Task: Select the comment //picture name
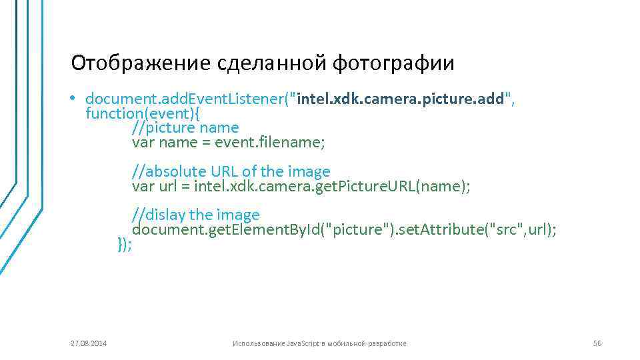click(185, 127)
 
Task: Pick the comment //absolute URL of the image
click(231, 172)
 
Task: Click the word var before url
click(143, 186)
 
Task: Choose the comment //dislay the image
click(195, 215)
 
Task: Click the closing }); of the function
click(125, 244)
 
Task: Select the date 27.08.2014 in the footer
click(89, 343)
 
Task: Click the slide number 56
click(597, 343)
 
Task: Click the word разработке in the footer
click(387, 343)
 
